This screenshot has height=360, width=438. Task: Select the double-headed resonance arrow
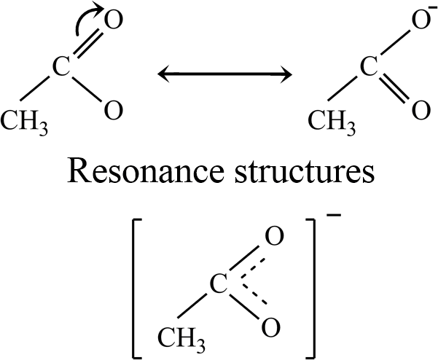226,74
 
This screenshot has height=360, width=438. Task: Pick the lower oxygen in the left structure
112,111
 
